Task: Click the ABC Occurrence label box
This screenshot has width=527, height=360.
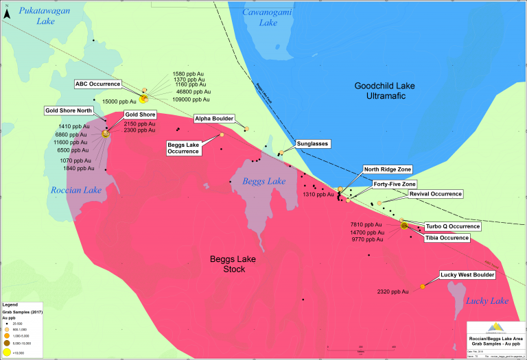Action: [x=97, y=84]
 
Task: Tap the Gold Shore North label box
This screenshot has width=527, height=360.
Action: [x=67, y=110]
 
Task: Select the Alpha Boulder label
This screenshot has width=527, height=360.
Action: [x=215, y=118]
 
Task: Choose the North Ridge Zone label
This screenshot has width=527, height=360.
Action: [x=388, y=169]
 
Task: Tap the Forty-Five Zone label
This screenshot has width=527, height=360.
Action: [x=394, y=184]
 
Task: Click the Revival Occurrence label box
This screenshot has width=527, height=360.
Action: [x=436, y=194]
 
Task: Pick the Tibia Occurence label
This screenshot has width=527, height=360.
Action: [x=447, y=238]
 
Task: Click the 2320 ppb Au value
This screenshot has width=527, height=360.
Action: [x=393, y=292]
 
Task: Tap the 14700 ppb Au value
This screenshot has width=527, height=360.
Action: [x=367, y=232]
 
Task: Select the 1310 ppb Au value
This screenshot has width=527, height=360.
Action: [x=318, y=194]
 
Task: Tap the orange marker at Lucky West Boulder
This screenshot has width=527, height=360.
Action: [x=422, y=286]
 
